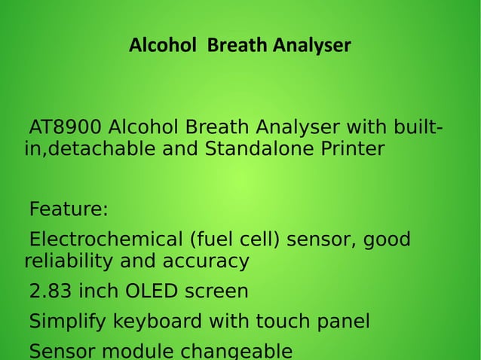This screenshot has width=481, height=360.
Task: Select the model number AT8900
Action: tap(65, 126)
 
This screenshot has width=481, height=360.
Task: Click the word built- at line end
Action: tap(415, 126)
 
